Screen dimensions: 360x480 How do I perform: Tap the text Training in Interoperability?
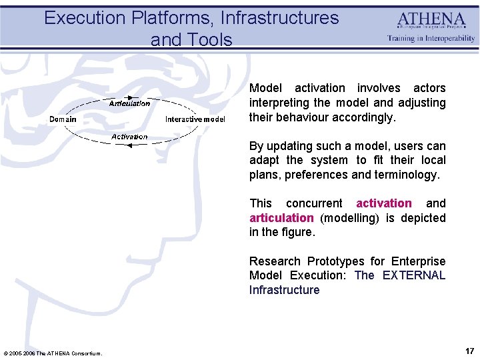pyautogui.click(x=431, y=38)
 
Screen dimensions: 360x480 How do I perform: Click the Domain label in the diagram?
pyautogui.click(x=63, y=119)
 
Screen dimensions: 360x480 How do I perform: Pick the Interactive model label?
pyautogui.click(x=195, y=119)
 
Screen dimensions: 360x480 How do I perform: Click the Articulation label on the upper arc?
pyautogui.click(x=129, y=103)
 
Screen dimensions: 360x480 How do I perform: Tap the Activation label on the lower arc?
pyautogui.click(x=129, y=137)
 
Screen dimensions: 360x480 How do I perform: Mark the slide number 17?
pyautogui.click(x=469, y=351)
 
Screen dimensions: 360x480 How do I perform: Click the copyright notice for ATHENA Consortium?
pyautogui.click(x=53, y=353)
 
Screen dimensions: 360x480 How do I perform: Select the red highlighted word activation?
pyautogui.click(x=384, y=203)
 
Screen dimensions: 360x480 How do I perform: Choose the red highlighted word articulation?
pyautogui.click(x=281, y=218)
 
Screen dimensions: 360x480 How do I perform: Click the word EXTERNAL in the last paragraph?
pyautogui.click(x=414, y=275)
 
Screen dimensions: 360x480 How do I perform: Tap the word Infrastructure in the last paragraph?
pyautogui.click(x=284, y=290)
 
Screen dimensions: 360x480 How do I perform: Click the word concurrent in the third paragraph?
pyautogui.click(x=314, y=203)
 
